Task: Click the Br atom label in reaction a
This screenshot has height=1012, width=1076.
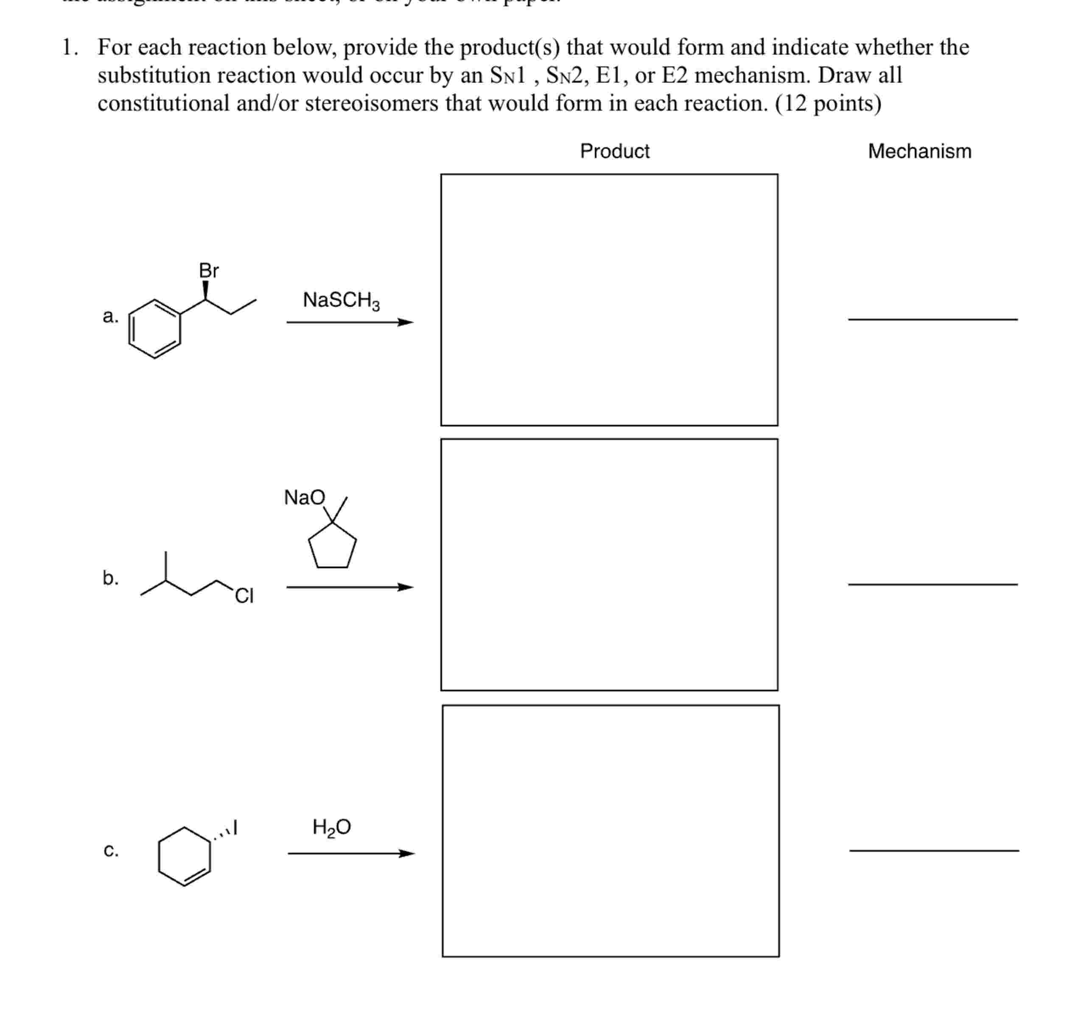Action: pyautogui.click(x=208, y=270)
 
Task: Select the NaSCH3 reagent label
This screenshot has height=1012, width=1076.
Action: pyautogui.click(x=341, y=300)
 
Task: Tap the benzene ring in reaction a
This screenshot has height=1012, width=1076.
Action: pyautogui.click(x=154, y=329)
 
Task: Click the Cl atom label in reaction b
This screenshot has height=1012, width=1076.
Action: pyautogui.click(x=244, y=596)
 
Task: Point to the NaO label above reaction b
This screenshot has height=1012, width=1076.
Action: pyautogui.click(x=304, y=497)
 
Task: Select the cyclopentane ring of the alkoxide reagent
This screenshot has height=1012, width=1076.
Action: pyautogui.click(x=332, y=547)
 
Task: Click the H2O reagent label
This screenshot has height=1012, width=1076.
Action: pyautogui.click(x=331, y=827)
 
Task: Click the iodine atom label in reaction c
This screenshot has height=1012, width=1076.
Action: pyautogui.click(x=235, y=827)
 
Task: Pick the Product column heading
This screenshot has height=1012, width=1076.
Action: pyautogui.click(x=614, y=151)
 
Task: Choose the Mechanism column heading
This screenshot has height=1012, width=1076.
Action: pyautogui.click(x=919, y=151)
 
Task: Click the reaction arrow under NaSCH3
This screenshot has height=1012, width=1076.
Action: pyautogui.click(x=349, y=323)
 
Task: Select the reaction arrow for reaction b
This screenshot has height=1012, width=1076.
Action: pyautogui.click(x=349, y=587)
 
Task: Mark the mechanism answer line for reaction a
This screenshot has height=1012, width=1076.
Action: pyautogui.click(x=932, y=320)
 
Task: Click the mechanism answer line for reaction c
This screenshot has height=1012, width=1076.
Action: pyautogui.click(x=934, y=851)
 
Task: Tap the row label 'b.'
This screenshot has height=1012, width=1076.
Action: pyautogui.click(x=110, y=578)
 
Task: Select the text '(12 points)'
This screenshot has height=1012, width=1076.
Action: pyautogui.click(x=828, y=103)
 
